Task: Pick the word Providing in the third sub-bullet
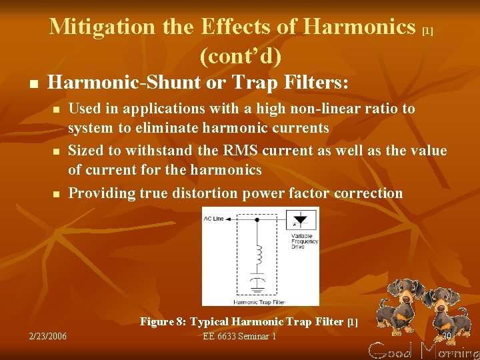(x=102, y=193)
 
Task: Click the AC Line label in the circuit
(x=214, y=219)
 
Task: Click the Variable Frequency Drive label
(x=305, y=241)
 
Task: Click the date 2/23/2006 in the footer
(x=47, y=337)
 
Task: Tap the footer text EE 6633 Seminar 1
(x=239, y=337)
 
